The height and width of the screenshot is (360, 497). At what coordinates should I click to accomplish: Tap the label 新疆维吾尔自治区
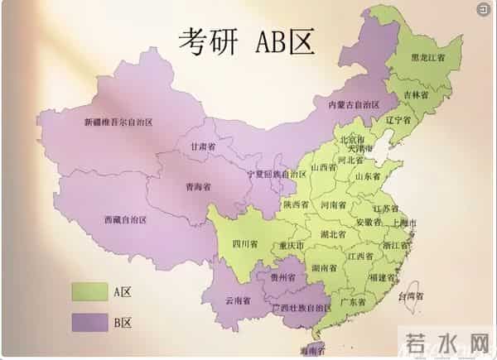[x=118, y=122]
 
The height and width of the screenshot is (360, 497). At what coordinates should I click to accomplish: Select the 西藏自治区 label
[x=125, y=220]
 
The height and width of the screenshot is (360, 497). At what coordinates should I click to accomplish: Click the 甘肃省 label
[x=202, y=146]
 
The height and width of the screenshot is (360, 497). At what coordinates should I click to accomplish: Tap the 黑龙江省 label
[x=428, y=58]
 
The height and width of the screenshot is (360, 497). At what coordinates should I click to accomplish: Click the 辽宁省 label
[x=398, y=120]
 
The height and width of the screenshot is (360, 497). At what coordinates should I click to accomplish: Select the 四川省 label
[x=244, y=244]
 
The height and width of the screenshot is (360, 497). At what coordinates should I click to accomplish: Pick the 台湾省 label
[x=411, y=295]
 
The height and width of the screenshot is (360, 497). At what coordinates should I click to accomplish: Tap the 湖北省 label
[x=334, y=234]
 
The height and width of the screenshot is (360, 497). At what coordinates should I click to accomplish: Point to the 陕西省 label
[x=296, y=204]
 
